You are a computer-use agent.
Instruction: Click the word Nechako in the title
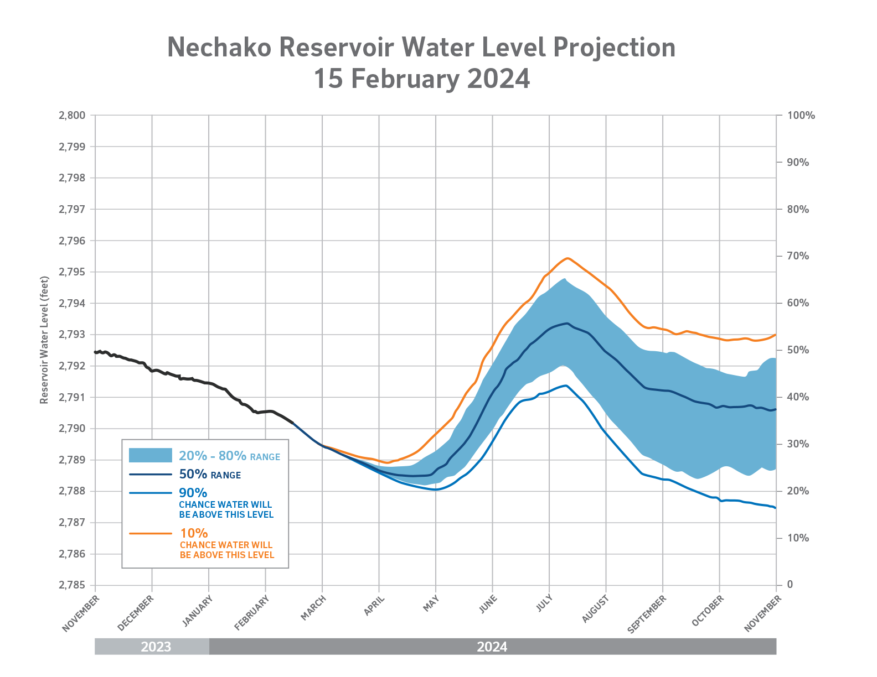point(219,48)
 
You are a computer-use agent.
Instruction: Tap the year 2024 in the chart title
point(498,79)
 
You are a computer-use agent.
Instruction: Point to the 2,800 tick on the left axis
point(72,116)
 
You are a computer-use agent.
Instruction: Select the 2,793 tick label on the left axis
point(72,335)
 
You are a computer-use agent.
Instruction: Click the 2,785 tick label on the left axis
point(72,585)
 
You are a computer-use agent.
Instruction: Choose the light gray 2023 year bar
point(152,647)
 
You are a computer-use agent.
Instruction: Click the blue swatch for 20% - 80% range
point(151,455)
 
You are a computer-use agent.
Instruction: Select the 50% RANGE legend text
point(210,475)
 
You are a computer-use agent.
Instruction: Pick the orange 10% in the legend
point(194,533)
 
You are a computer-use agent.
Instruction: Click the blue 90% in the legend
point(193,493)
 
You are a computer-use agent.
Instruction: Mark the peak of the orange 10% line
point(567,258)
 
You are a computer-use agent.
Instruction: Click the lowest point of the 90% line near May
point(435,489)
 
